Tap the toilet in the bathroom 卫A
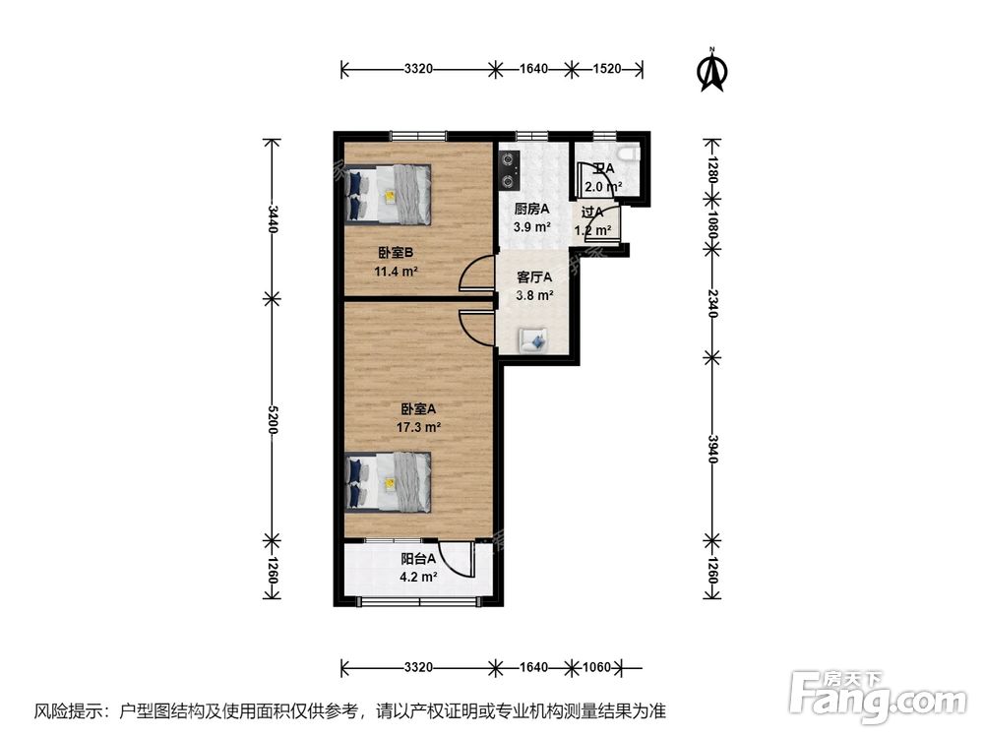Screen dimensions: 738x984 (629, 154)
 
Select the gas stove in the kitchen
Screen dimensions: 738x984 (509, 168)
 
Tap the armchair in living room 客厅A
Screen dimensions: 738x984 (535, 339)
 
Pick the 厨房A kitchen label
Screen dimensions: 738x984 (531, 209)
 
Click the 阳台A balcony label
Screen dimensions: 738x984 (418, 560)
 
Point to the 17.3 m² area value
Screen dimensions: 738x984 (418, 428)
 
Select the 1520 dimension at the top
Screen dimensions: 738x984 (608, 69)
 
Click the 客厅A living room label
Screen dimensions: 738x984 (535, 277)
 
